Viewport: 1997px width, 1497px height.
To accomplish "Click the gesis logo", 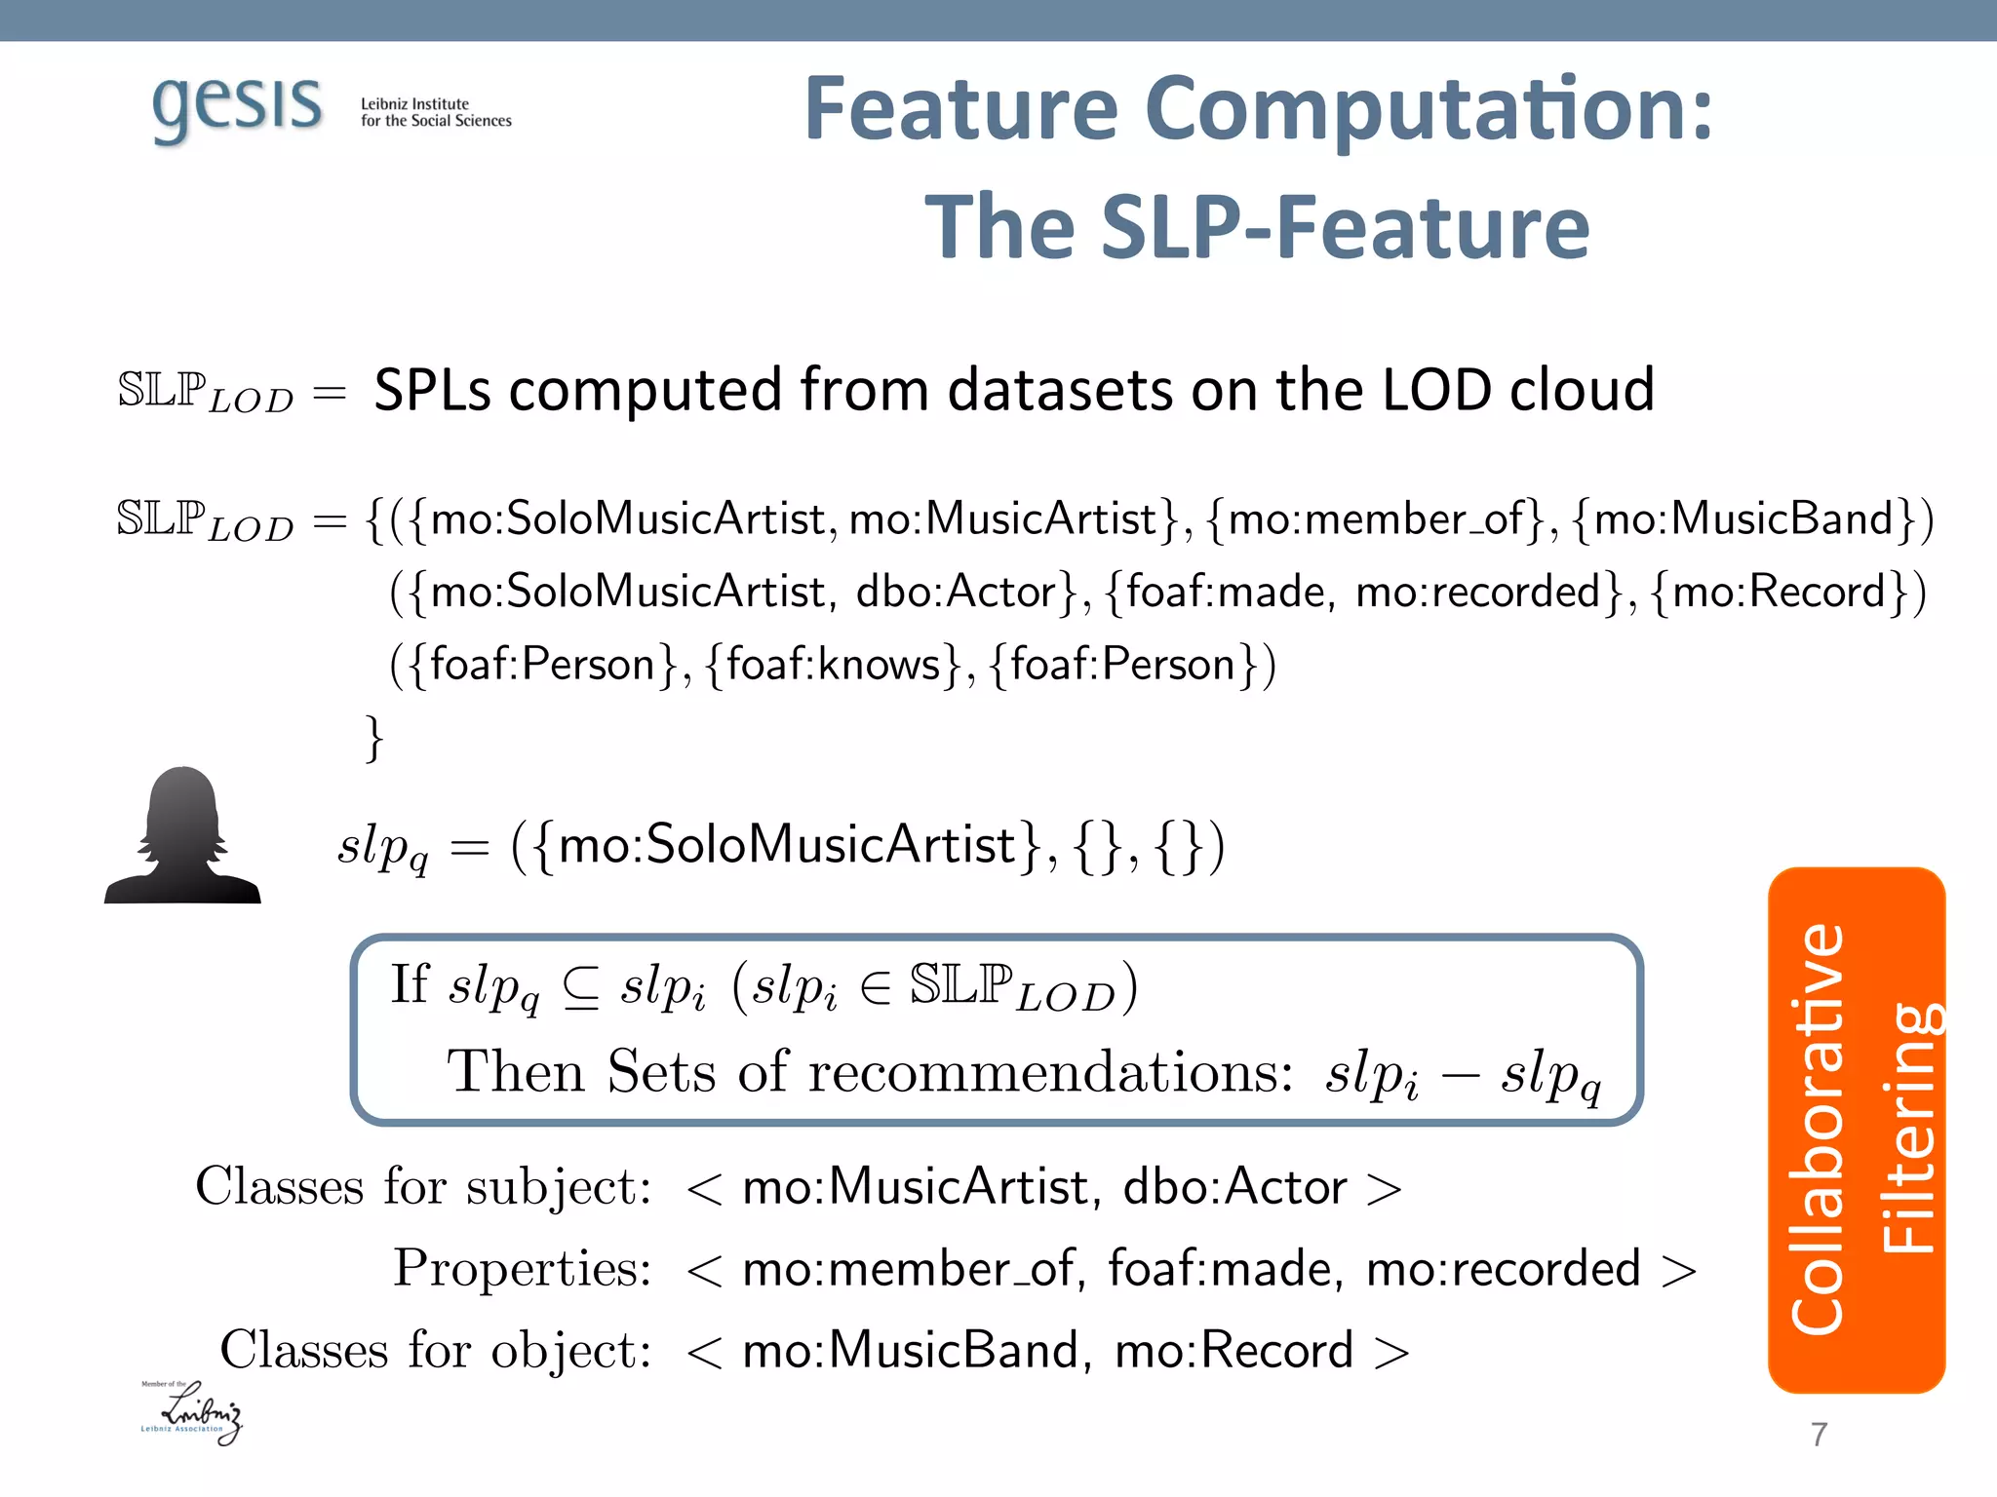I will [237, 107].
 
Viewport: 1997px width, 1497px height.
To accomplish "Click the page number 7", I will [1819, 1435].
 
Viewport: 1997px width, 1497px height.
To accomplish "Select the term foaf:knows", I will [834, 665].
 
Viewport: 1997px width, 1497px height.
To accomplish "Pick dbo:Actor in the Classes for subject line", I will [1234, 1187].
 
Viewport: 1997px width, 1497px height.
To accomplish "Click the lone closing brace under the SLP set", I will [373, 738].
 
